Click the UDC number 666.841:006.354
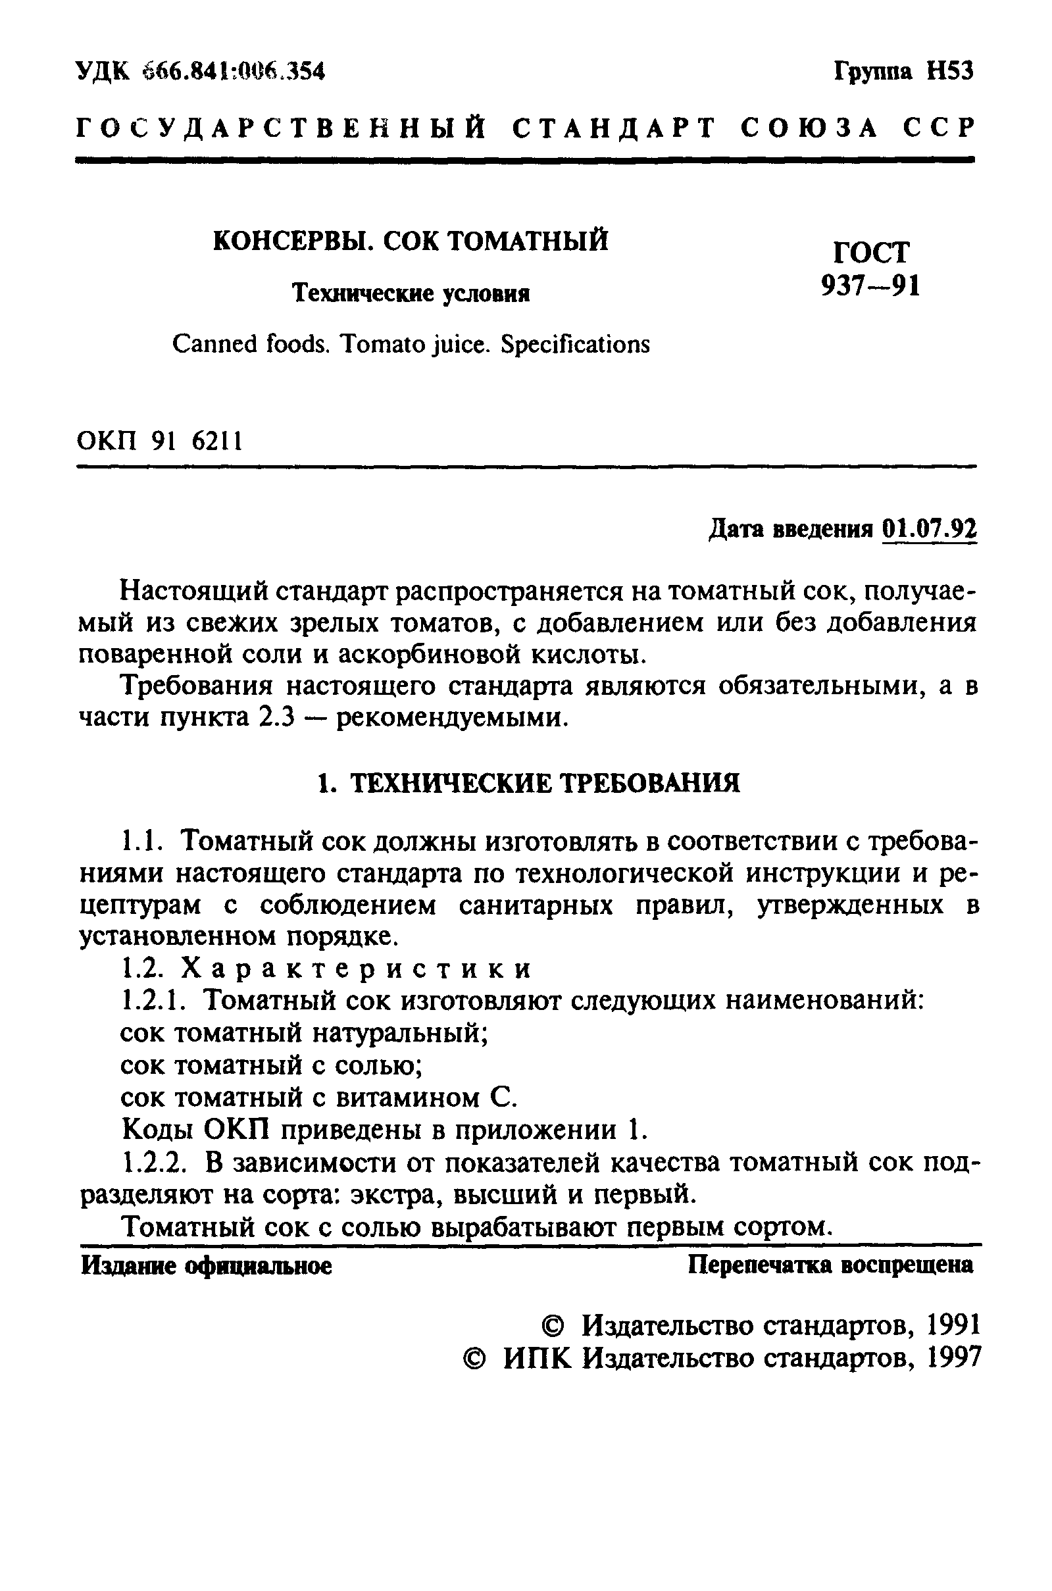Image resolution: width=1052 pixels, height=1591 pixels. point(234,70)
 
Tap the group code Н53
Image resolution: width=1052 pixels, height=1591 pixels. point(949,70)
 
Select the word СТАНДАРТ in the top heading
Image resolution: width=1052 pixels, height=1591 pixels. point(614,128)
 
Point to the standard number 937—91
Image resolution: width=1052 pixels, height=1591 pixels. point(870,286)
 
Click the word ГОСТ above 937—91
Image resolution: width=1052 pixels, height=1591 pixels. point(871,252)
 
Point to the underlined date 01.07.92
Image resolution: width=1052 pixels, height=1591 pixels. point(929,529)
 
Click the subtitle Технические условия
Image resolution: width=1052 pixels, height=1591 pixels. point(411,293)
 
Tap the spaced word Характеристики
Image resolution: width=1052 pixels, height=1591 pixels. point(357,969)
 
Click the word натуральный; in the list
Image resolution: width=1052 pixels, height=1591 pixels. point(400,1033)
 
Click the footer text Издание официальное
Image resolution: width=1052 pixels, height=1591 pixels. point(206,1265)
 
